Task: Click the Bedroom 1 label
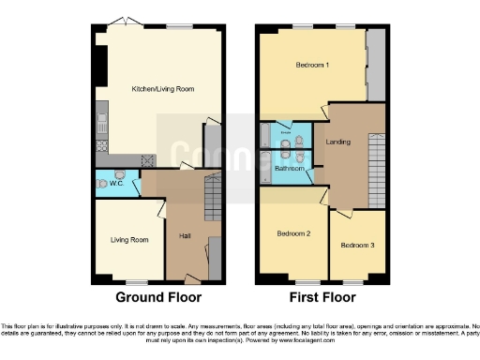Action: pos(312,66)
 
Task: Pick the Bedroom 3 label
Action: pos(357,246)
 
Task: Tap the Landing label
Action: pos(338,142)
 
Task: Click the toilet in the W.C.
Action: pos(120,175)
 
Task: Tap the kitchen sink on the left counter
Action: pos(101,121)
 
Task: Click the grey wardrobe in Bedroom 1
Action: pos(376,64)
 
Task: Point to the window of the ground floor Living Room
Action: pos(139,282)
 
